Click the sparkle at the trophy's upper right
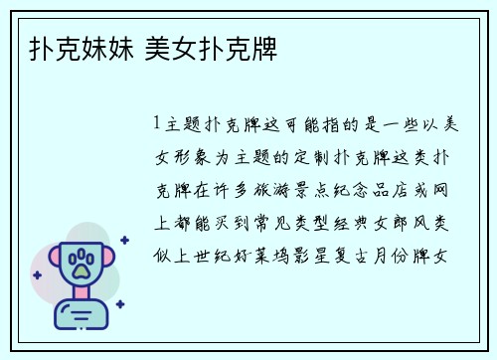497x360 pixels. point(123,240)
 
